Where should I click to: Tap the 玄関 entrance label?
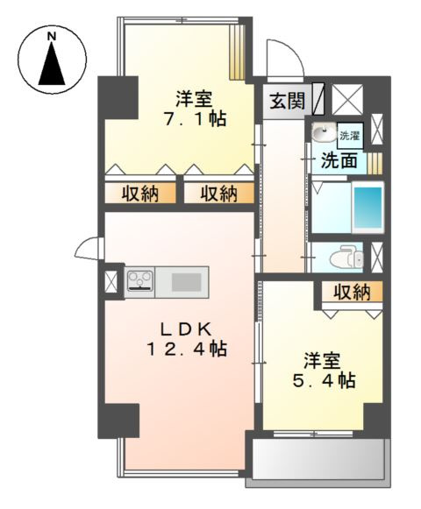coord(287,101)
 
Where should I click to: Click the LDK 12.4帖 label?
coord(187,338)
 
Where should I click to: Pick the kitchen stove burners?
coord(139,281)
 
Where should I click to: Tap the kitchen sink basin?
coord(185,282)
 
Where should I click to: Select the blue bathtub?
coord(367,208)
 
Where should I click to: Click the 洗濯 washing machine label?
coord(349,136)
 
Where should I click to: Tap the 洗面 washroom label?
coord(338,160)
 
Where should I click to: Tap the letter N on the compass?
coord(51,36)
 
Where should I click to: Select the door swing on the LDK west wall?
coord(90,249)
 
